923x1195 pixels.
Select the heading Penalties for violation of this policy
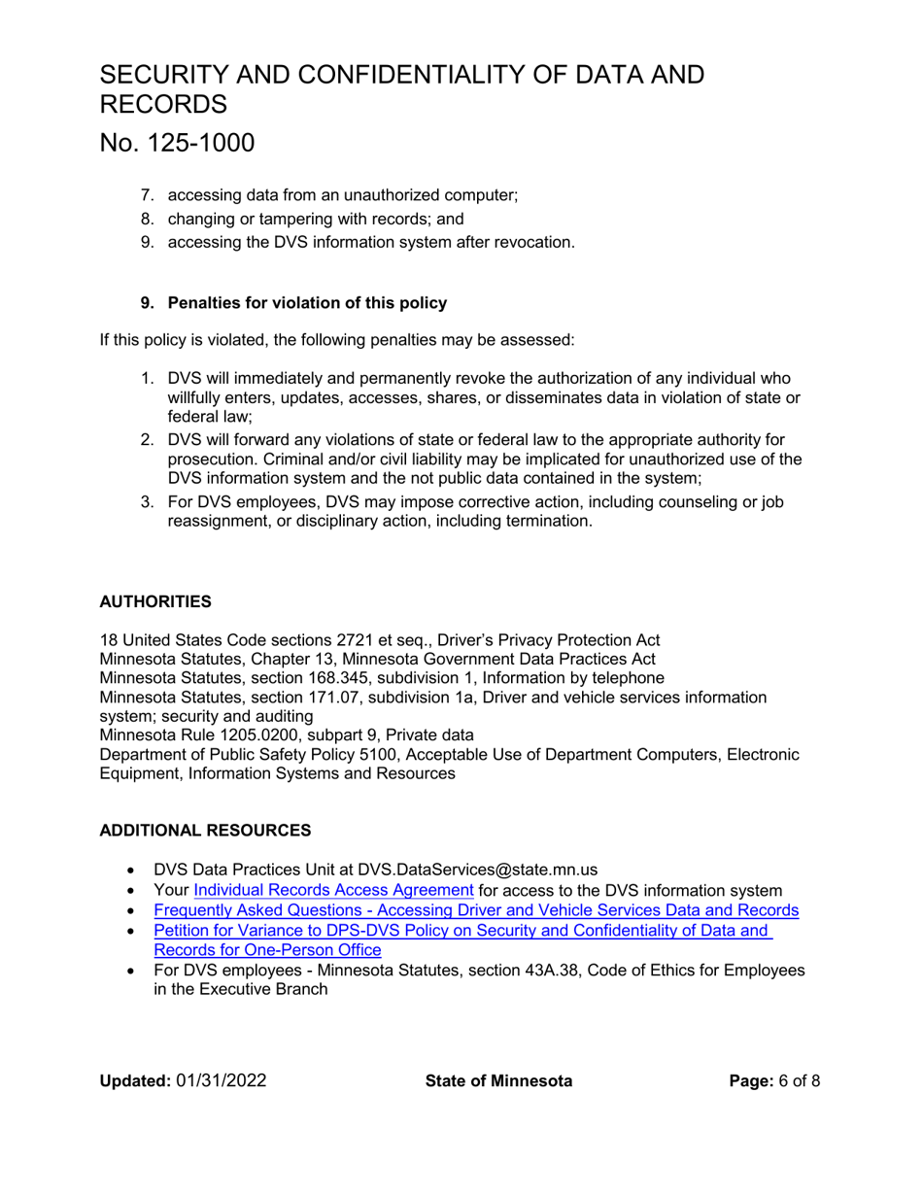pos(307,302)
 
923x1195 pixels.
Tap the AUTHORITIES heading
pos(155,601)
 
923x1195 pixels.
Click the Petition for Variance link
pos(462,931)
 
